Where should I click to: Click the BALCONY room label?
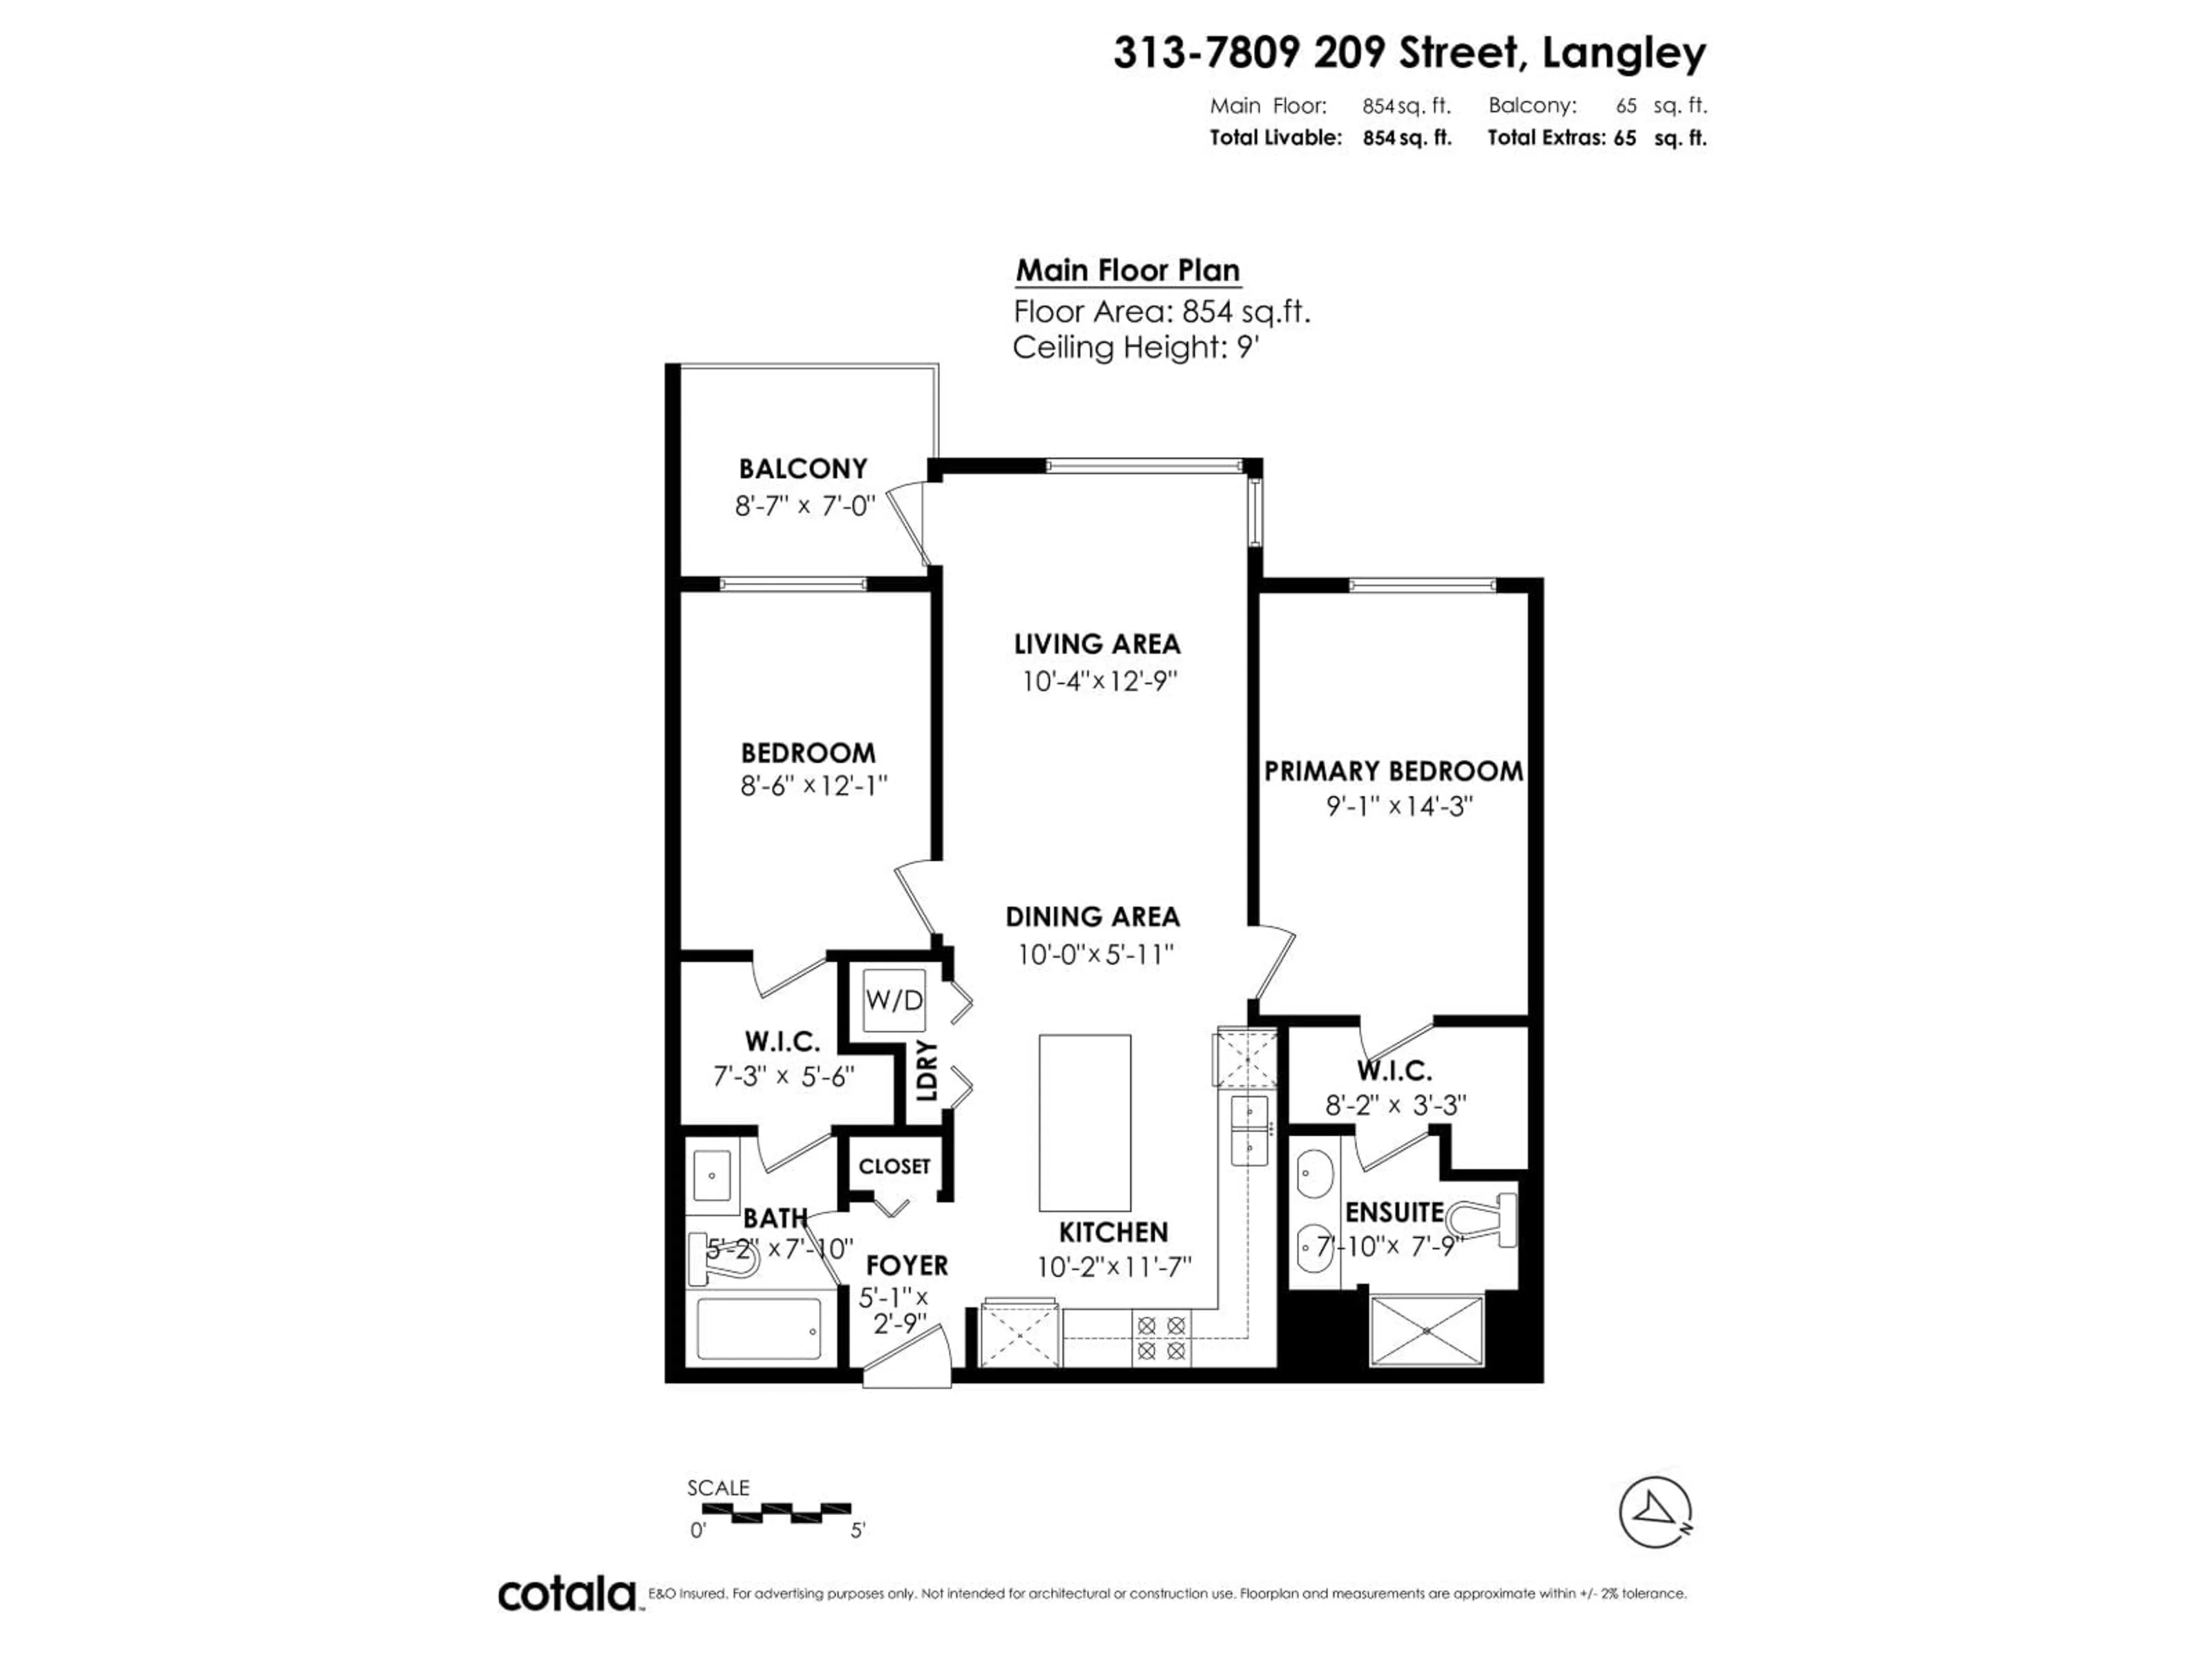[802, 467]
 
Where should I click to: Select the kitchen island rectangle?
[1084, 1121]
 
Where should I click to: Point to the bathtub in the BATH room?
[759, 1329]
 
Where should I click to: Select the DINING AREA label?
[1092, 917]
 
